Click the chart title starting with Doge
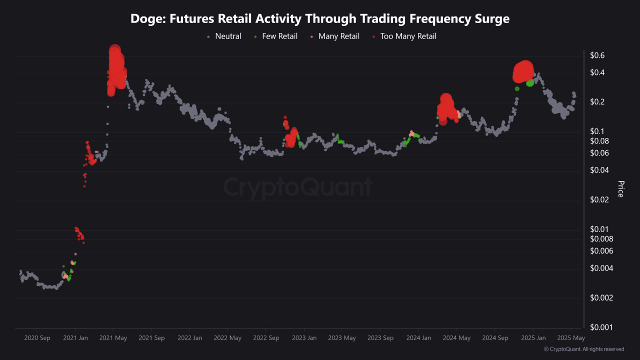click(320, 19)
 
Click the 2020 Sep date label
click(37, 338)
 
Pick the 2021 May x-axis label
click(113, 338)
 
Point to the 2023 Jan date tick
click(304, 338)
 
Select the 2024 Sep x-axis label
click(495, 338)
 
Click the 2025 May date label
click(571, 338)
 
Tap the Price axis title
click(621, 189)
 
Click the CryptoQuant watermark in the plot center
click(297, 187)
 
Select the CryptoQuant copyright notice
click(583, 349)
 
